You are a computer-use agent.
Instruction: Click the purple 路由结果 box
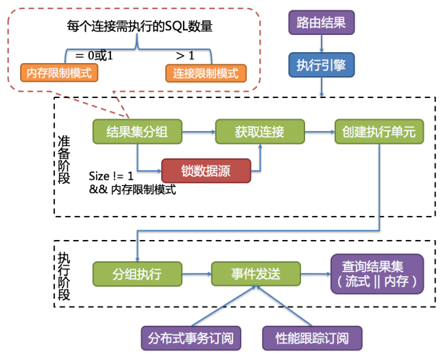coord(321,23)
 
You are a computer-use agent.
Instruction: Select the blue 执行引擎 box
coord(321,65)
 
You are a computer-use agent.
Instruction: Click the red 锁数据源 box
coord(206,170)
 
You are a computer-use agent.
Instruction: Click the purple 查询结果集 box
coord(376,273)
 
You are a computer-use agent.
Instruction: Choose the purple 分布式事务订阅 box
coord(191,337)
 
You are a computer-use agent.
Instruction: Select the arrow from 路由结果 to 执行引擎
coord(321,43)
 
